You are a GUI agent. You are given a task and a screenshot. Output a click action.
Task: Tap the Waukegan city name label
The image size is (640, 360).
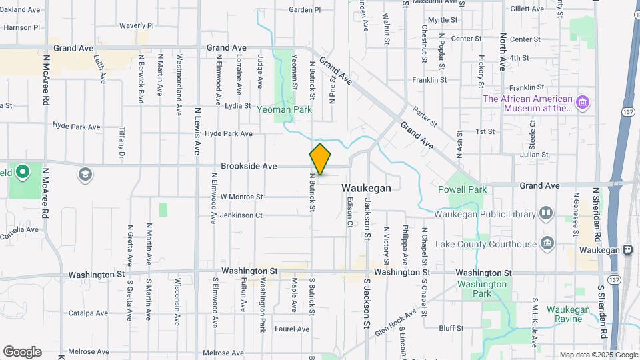click(x=366, y=189)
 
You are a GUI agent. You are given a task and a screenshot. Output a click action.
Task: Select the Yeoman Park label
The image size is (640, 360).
click(x=285, y=109)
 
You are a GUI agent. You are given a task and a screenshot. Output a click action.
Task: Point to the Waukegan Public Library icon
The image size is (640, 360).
click(x=546, y=213)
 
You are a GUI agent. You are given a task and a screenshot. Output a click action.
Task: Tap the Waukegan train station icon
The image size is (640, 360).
click(x=627, y=250)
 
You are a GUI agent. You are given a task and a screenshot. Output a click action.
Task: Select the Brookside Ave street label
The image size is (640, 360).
click(x=249, y=166)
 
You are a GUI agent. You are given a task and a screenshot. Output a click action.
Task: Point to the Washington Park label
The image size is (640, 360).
click(x=483, y=289)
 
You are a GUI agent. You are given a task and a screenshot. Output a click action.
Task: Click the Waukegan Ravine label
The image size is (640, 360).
click(x=568, y=314)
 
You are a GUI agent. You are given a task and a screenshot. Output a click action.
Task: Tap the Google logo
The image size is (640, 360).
click(x=22, y=352)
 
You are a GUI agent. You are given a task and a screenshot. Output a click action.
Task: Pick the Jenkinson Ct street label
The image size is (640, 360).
click(x=241, y=215)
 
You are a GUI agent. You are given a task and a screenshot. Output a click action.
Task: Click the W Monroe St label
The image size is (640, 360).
click(x=241, y=197)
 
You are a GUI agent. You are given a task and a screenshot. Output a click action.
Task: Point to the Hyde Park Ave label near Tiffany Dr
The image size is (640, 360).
click(x=76, y=126)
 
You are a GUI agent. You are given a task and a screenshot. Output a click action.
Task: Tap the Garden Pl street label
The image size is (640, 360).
click(x=305, y=10)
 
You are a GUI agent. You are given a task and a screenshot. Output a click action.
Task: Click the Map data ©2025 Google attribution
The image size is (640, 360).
click(x=597, y=355)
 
